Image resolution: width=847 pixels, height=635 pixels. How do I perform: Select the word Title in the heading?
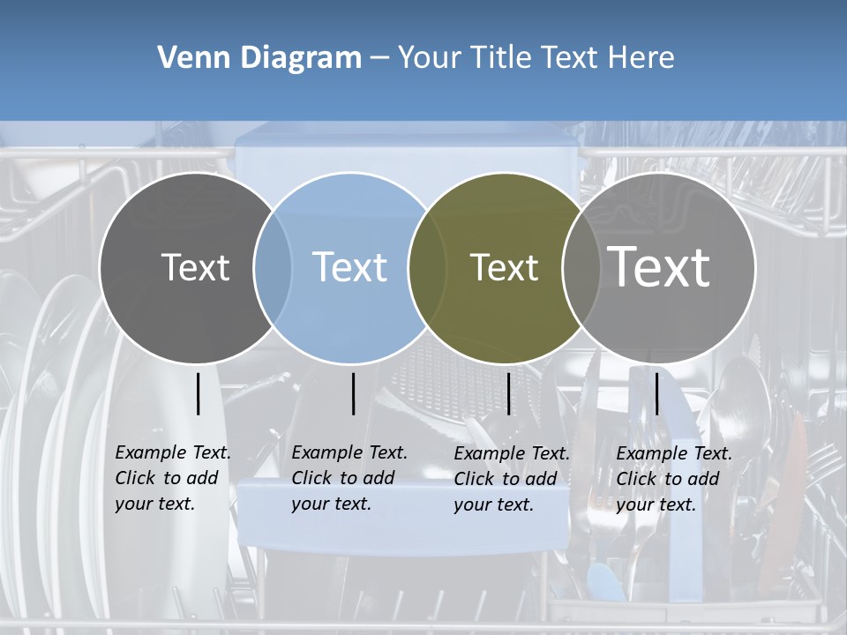[501, 58]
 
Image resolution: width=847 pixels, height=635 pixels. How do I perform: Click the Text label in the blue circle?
[350, 267]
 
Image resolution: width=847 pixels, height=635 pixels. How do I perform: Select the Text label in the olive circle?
[504, 267]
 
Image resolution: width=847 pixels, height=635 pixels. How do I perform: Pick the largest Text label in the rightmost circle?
[659, 266]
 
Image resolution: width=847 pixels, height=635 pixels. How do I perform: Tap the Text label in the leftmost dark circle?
[195, 267]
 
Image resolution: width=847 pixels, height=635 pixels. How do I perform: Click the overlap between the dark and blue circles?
[273, 267]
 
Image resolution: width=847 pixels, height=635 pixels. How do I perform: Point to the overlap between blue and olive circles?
[427, 267]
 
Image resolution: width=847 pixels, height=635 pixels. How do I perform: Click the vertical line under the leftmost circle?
[198, 393]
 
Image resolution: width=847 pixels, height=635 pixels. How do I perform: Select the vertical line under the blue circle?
[353, 393]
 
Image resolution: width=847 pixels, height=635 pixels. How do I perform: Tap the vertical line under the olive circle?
[508, 393]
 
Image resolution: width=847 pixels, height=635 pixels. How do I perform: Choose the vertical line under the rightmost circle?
[656, 393]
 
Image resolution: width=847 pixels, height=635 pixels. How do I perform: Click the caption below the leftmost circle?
[172, 478]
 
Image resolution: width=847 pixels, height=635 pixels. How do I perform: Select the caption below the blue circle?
[349, 478]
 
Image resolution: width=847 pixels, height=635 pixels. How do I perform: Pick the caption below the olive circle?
[511, 479]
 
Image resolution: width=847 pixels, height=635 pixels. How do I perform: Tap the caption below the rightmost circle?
[673, 479]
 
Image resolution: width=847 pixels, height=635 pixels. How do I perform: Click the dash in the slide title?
[379, 58]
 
